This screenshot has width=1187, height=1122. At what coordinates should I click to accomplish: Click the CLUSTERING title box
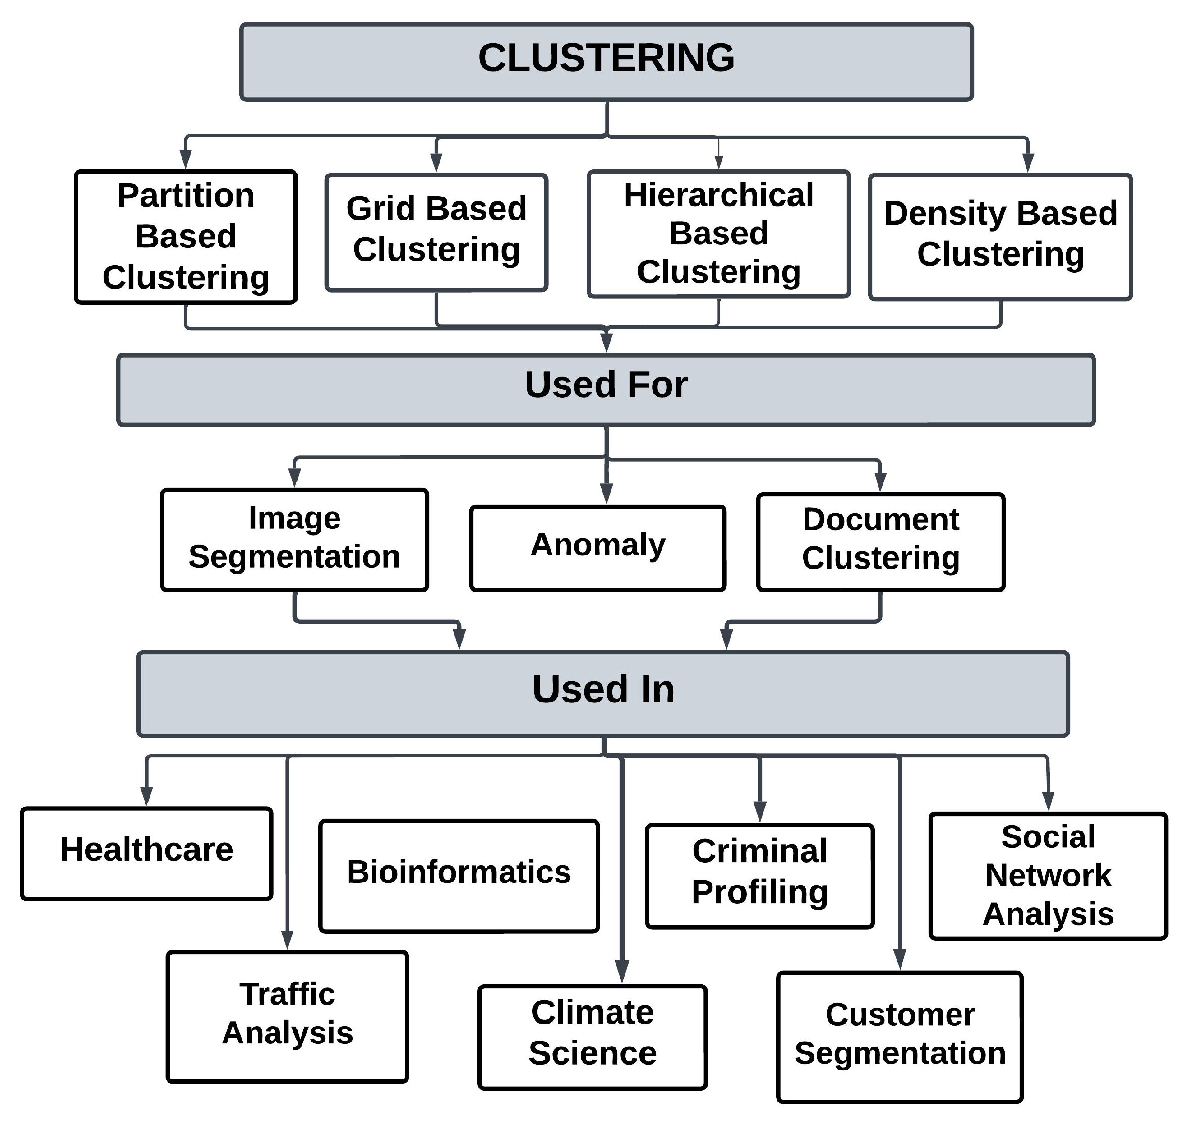click(606, 62)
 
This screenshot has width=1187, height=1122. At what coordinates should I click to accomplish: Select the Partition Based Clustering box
click(185, 237)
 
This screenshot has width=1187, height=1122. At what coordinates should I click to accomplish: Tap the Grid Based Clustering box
click(436, 232)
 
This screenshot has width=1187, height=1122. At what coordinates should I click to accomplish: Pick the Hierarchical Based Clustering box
click(719, 233)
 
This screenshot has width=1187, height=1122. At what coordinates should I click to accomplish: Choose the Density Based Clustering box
click(1000, 237)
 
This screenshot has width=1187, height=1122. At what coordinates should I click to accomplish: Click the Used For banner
click(606, 389)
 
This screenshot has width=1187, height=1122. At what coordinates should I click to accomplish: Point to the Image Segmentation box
click(294, 539)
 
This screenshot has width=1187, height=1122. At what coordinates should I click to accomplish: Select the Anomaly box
click(598, 548)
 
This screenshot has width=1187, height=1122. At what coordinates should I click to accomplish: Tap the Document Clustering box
click(881, 542)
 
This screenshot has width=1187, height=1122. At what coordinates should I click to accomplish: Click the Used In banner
click(603, 694)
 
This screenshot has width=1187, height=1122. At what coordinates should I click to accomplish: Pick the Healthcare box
click(146, 853)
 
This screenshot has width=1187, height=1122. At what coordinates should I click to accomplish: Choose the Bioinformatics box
click(459, 876)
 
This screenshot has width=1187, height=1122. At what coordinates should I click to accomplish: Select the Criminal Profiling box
click(760, 876)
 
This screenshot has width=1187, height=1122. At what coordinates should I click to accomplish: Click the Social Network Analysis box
click(1048, 876)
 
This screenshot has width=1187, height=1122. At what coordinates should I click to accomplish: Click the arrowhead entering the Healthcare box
click(146, 797)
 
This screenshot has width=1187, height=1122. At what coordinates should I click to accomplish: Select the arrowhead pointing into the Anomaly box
click(606, 493)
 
